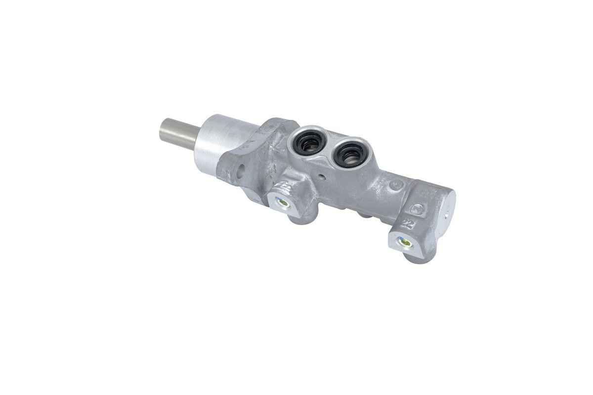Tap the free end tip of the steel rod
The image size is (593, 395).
pyautogui.click(x=162, y=130)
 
